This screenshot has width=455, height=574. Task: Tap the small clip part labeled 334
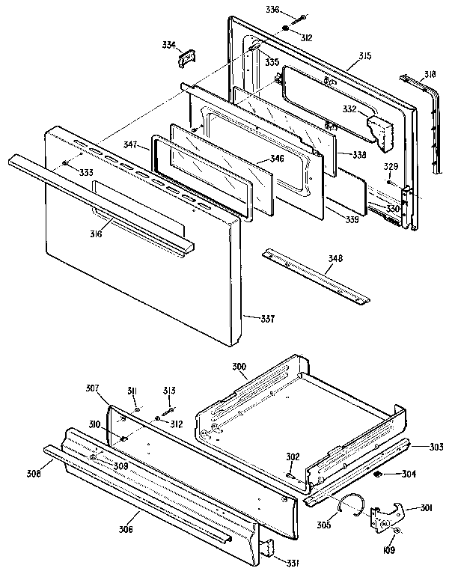pyautogui.click(x=186, y=58)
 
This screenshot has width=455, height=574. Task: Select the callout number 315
pyautogui.click(x=364, y=57)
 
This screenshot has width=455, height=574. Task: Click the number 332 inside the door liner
pyautogui.click(x=349, y=109)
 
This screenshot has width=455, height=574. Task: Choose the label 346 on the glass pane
pyautogui.click(x=257, y=159)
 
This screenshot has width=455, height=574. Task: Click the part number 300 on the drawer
pyautogui.click(x=239, y=367)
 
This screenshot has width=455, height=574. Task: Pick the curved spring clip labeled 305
pyautogui.click(x=349, y=504)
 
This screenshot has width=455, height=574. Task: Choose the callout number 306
pyautogui.click(x=125, y=530)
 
